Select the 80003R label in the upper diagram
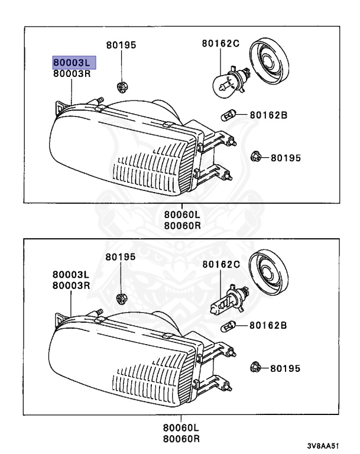(72, 74)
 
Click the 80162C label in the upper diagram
(220, 44)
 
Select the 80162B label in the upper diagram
(268, 115)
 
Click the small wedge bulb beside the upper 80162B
(228, 115)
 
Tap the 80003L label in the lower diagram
(70, 275)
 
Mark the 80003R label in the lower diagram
(70, 285)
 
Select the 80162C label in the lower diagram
(220, 264)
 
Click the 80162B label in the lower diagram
(267, 325)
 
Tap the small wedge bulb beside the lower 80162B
(228, 325)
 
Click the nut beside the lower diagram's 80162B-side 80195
(255, 367)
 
